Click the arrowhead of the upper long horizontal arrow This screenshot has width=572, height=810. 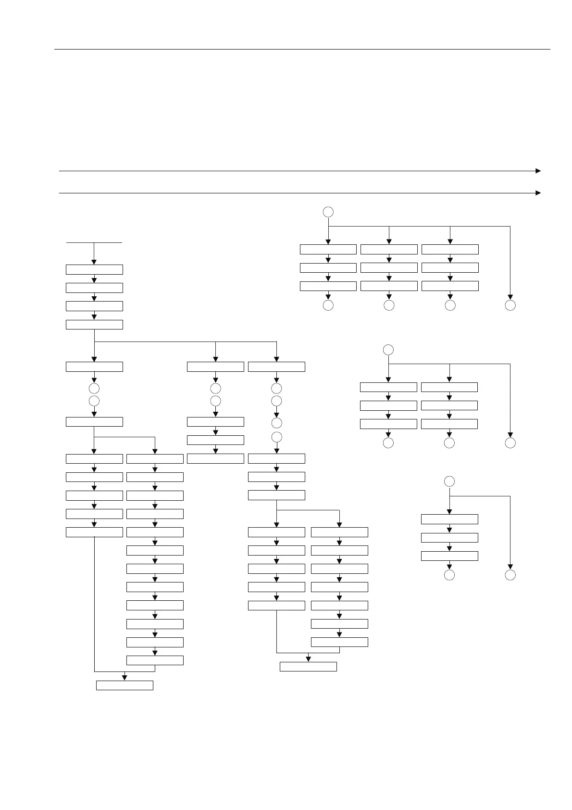tap(538, 171)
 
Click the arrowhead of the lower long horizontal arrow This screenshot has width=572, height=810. tap(538, 193)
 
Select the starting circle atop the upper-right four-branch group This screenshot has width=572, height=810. tap(328, 212)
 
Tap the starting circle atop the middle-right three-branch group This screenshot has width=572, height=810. tap(388, 350)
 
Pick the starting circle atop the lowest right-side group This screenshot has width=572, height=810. tap(449, 481)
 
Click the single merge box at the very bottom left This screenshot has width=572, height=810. tap(124, 685)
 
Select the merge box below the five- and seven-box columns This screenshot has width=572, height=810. tap(308, 667)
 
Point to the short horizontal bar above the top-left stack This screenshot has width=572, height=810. tap(94, 243)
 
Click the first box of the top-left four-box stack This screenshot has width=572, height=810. tap(94, 269)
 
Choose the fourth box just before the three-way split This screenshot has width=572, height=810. tap(94, 325)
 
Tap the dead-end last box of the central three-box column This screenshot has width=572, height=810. tap(215, 458)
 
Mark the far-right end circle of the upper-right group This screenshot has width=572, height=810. tap(510, 305)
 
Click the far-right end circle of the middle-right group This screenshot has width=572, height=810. tap(510, 443)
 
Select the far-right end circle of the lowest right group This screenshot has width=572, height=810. tap(510, 575)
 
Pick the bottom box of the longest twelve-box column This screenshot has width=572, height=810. tap(155, 660)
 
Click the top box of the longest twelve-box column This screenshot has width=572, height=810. tap(155, 459)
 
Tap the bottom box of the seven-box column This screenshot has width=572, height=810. tap(339, 642)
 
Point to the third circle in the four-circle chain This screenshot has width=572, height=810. tap(276, 423)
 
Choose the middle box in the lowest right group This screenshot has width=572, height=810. tap(449, 538)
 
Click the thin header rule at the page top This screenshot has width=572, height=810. tap(302, 49)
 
